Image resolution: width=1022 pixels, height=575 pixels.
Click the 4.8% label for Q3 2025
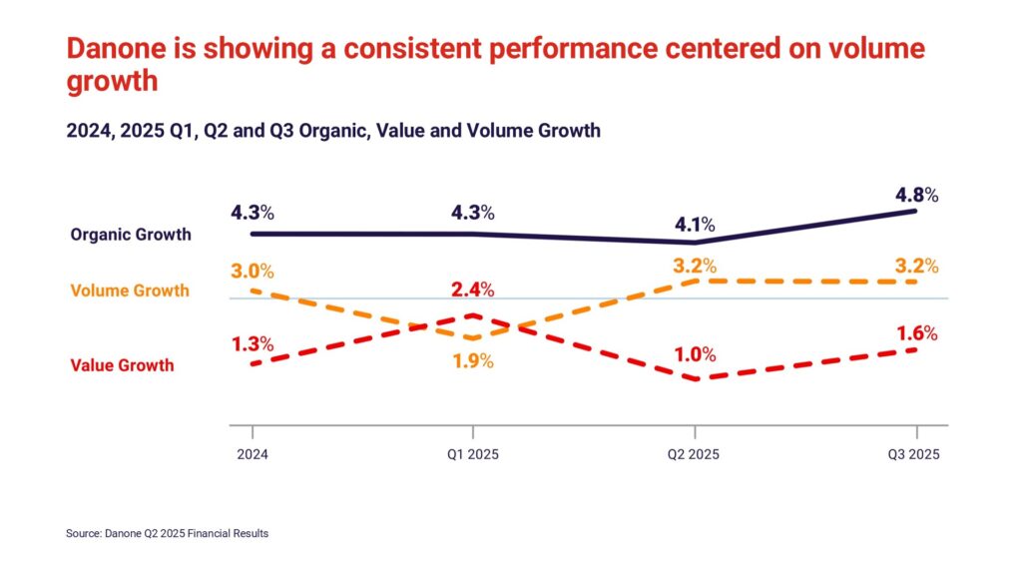pyautogui.click(x=917, y=196)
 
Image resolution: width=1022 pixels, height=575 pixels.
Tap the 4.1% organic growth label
pyautogui.click(x=696, y=226)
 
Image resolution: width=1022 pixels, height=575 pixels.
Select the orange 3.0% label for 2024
pyautogui.click(x=253, y=273)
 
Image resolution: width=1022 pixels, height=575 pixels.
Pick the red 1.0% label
pyautogui.click(x=696, y=354)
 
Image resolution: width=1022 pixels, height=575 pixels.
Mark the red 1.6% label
pyautogui.click(x=917, y=333)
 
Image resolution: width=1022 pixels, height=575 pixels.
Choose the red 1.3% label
pyautogui.click(x=253, y=344)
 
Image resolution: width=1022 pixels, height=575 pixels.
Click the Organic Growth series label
pyautogui.click(x=130, y=236)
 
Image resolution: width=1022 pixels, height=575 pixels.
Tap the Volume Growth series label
pyautogui.click(x=130, y=291)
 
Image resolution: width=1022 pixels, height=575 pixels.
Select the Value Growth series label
pyautogui.click(x=122, y=365)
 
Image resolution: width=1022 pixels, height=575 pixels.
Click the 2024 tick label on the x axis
pyautogui.click(x=253, y=453)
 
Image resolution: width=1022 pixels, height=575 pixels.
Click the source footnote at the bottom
pyautogui.click(x=167, y=534)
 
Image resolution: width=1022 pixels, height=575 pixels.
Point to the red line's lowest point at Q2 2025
pyautogui.click(x=696, y=379)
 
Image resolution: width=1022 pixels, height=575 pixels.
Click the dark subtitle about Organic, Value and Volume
pyautogui.click(x=333, y=131)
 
